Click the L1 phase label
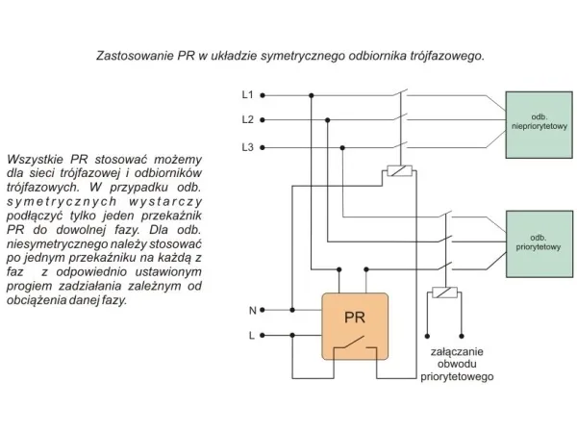(248, 95)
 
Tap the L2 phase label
(248, 119)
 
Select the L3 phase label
(248, 147)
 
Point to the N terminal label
(252, 311)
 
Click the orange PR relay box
(355, 326)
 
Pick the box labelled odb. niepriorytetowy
(539, 125)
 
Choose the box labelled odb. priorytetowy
(539, 243)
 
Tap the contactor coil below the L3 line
(400, 171)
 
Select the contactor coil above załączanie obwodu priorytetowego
(444, 293)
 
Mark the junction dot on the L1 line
(312, 95)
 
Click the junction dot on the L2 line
(328, 120)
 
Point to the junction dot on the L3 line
(342, 147)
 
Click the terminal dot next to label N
(263, 310)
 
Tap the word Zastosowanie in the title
(135, 56)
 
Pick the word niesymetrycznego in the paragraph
(58, 244)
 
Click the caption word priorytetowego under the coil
(457, 376)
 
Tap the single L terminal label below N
(252, 336)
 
